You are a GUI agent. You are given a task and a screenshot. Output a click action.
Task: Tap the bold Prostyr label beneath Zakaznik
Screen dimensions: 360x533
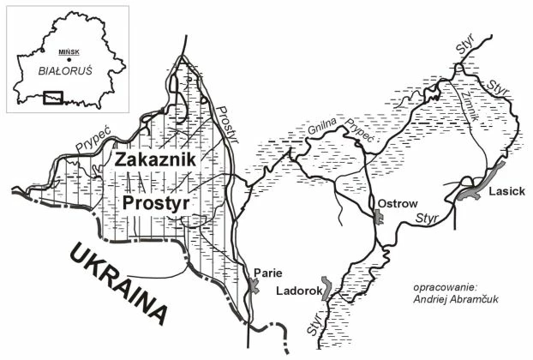point(156,203)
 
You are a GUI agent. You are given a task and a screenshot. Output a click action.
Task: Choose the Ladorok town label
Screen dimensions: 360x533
point(298,291)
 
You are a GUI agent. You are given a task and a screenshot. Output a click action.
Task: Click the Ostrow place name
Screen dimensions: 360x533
point(397,203)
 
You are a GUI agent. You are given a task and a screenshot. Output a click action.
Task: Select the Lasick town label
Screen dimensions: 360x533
point(506,194)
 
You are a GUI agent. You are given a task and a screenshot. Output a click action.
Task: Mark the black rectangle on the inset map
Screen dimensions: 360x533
point(53,97)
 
